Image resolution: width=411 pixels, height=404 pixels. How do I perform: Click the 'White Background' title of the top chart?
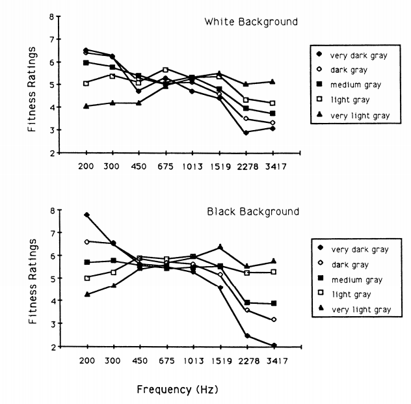(x=251, y=22)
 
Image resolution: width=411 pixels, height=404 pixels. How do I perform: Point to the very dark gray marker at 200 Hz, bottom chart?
(x=86, y=215)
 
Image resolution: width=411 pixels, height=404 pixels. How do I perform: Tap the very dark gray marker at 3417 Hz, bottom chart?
(x=273, y=345)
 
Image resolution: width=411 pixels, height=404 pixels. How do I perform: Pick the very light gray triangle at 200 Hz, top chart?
(x=86, y=106)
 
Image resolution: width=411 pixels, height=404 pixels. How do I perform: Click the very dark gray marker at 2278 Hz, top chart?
(x=246, y=133)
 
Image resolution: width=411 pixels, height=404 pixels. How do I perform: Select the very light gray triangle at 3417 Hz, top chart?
(x=273, y=81)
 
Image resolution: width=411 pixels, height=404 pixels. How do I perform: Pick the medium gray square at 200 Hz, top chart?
(x=86, y=62)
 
